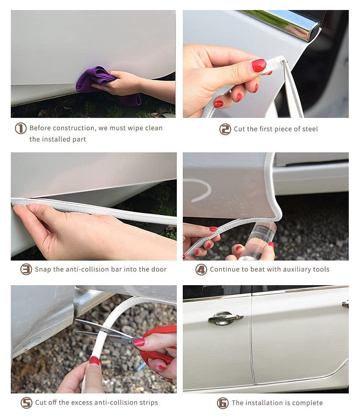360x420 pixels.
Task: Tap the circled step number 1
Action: point(21,128)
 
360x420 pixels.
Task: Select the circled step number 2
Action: point(225,129)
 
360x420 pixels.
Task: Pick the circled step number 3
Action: point(26,269)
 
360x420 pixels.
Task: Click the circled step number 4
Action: point(201,270)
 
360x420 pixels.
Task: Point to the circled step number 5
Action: point(26,402)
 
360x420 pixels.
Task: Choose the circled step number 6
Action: point(223,403)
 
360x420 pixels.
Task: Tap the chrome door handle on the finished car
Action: point(225,318)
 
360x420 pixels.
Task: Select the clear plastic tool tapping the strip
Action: point(260,240)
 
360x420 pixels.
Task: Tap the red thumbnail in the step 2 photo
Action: point(259,65)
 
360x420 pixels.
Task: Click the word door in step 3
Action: point(159,269)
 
